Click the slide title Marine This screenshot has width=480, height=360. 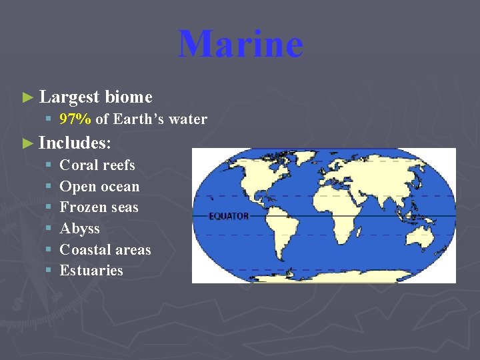pos(240,44)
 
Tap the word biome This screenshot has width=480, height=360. pos(129,97)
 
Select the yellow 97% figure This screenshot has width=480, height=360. pos(75,120)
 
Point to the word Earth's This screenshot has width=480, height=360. pos(141,120)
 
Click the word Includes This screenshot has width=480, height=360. pos(73,143)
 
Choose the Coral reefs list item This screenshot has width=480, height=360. pos(97,165)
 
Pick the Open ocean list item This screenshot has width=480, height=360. pos(99,187)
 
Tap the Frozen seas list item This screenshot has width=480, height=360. pos(99,207)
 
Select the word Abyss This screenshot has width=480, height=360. pos(79,229)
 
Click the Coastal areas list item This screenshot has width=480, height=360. pos(105,250)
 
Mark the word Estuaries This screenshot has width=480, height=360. pos(91,271)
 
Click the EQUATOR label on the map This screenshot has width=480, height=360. pos(229,217)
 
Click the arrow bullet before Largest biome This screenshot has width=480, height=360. pos(27,98)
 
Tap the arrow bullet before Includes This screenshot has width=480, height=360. pos(27,143)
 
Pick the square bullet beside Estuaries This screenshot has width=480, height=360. pos(49,271)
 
